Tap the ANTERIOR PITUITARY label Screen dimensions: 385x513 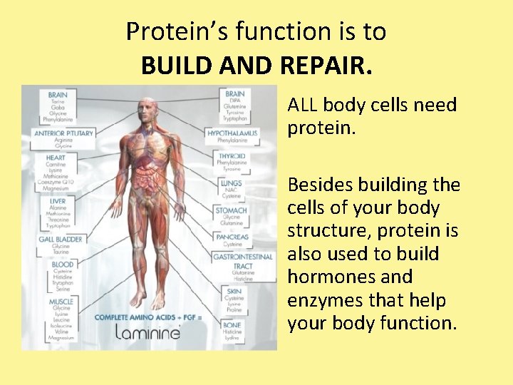[x=63, y=133]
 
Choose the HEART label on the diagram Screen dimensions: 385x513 [x=55, y=158]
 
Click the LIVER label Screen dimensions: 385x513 [x=57, y=202]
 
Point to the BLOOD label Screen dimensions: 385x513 [x=62, y=265]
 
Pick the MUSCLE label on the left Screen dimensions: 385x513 [x=61, y=302]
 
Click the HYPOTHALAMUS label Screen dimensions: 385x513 [x=232, y=133]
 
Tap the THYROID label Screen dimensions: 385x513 [x=232, y=156]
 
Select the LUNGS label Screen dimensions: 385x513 [x=232, y=183]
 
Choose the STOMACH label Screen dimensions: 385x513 [x=232, y=210]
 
